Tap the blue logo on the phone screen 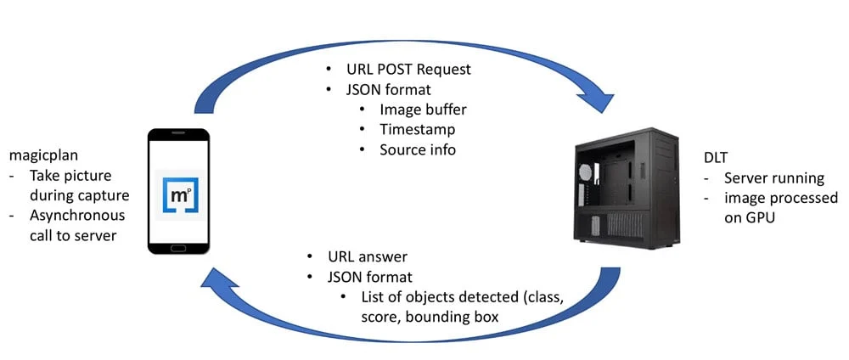coord(178,195)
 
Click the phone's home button coord(178,248)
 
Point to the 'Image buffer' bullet coord(423,109)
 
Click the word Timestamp coord(417,129)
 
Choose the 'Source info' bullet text coord(418,149)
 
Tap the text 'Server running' coord(773,178)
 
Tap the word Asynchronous coord(78,215)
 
